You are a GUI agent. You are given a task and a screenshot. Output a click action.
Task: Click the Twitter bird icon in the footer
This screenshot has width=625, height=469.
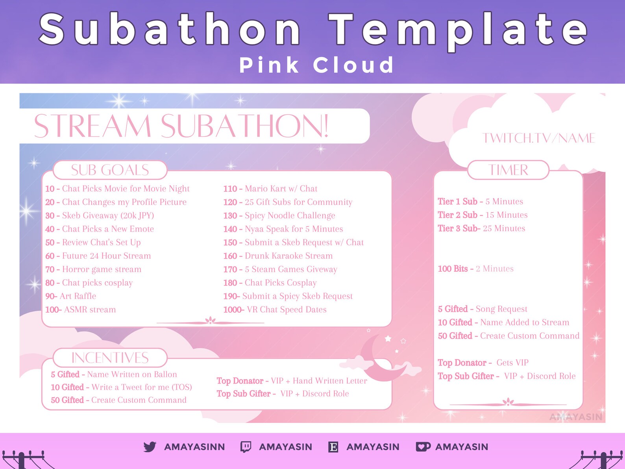tap(150, 447)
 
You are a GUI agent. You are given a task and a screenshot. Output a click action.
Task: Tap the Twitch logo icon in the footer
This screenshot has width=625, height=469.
tap(246, 447)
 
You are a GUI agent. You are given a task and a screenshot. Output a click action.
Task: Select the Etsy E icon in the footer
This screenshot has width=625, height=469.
tap(333, 447)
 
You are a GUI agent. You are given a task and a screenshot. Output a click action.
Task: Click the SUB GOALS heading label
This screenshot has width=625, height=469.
tap(110, 170)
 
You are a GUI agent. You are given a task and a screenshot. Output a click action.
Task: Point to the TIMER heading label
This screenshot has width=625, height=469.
tap(508, 170)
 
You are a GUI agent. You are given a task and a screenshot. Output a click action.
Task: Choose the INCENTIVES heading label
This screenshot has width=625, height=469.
tap(110, 358)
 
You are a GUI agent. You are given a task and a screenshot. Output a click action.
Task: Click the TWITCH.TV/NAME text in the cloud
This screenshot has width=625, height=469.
tap(539, 138)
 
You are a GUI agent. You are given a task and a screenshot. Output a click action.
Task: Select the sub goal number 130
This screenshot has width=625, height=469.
tap(230, 215)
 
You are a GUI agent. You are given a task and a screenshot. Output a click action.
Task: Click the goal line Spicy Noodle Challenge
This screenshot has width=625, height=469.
tap(290, 215)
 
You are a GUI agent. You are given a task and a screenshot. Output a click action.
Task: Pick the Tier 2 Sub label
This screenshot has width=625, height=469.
tap(457, 215)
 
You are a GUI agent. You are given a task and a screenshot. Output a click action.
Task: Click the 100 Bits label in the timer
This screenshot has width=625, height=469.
tap(453, 269)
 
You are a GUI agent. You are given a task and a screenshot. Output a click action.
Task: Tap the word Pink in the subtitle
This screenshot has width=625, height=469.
tap(269, 65)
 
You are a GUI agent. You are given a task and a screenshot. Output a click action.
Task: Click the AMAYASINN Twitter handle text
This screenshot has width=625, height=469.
tap(194, 447)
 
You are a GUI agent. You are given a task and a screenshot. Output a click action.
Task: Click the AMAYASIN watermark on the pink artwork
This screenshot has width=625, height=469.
tap(576, 417)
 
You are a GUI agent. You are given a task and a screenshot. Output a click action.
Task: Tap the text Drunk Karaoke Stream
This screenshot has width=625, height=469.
tap(289, 256)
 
